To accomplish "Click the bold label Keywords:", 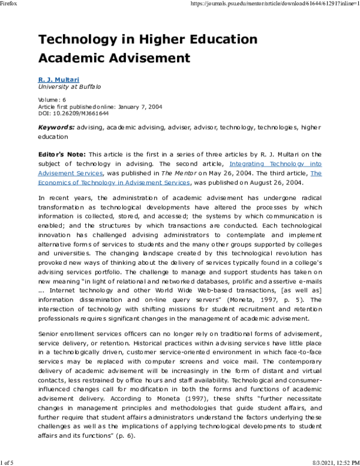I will click(x=57, y=127).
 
